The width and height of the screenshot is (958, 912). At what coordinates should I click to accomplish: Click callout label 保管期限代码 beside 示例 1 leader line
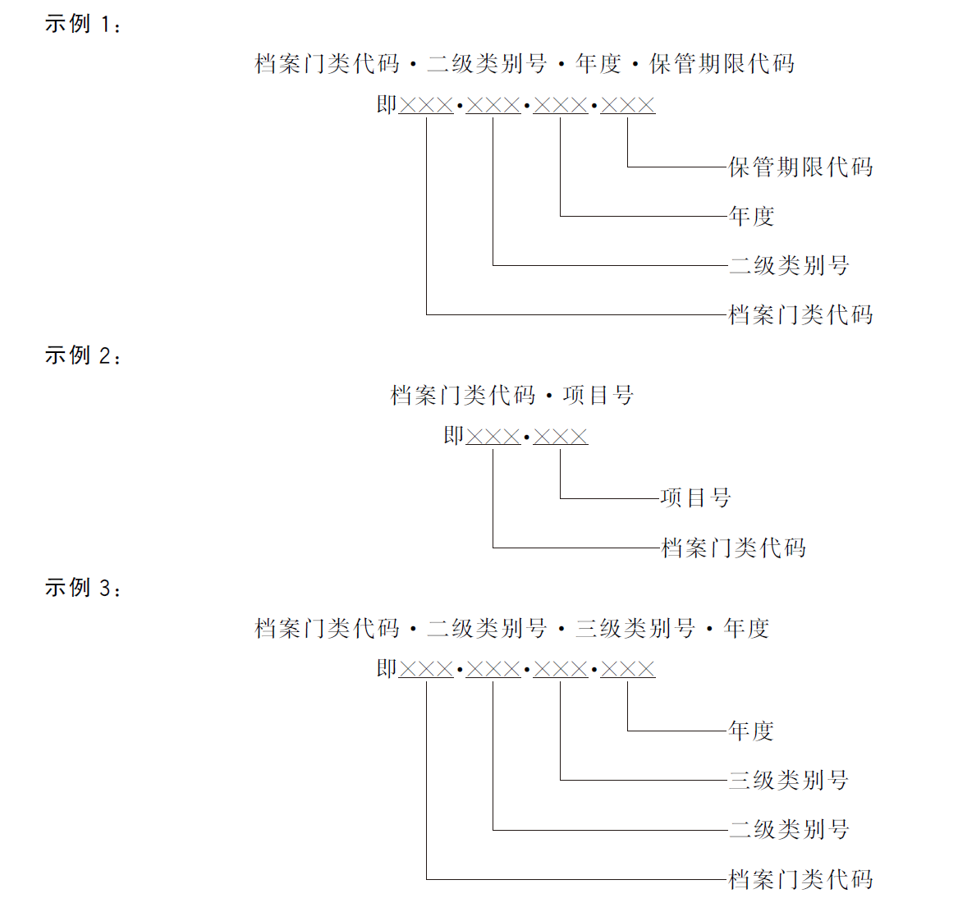click(x=800, y=167)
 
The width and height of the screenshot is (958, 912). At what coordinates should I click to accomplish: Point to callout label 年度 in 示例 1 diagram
click(x=751, y=217)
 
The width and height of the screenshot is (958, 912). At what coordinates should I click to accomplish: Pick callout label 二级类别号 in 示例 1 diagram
click(x=788, y=266)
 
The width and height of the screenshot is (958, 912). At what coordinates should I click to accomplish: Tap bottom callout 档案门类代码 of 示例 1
click(x=800, y=315)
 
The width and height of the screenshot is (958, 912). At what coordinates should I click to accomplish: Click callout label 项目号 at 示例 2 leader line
click(x=695, y=498)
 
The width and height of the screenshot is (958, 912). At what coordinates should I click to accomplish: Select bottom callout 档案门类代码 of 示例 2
click(x=733, y=548)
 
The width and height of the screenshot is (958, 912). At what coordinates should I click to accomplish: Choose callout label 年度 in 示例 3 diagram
click(x=751, y=731)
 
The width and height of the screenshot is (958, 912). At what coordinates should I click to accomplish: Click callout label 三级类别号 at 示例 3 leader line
click(x=788, y=781)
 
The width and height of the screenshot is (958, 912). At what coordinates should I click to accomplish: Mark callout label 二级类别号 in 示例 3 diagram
click(x=788, y=830)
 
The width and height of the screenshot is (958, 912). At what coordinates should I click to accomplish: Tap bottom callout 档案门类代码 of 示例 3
click(x=800, y=880)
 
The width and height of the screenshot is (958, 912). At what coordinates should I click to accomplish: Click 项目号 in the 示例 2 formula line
click(x=598, y=396)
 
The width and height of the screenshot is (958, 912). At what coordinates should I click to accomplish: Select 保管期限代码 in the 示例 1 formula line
click(x=722, y=64)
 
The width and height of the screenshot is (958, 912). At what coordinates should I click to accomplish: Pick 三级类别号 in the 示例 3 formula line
click(x=635, y=629)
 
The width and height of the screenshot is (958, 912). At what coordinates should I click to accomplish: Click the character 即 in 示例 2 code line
click(x=454, y=436)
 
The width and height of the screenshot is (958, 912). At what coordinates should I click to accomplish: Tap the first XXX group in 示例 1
click(x=426, y=105)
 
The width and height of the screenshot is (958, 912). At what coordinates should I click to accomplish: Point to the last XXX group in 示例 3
click(x=628, y=670)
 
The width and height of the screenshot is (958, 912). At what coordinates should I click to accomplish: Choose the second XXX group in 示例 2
click(x=561, y=437)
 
